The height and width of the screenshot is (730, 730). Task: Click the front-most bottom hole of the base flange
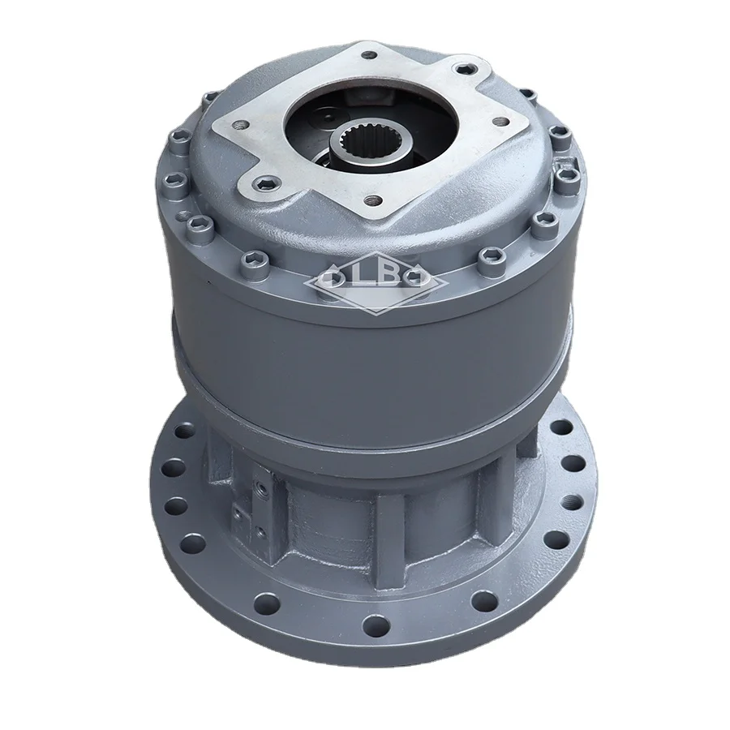pos(374,625)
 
